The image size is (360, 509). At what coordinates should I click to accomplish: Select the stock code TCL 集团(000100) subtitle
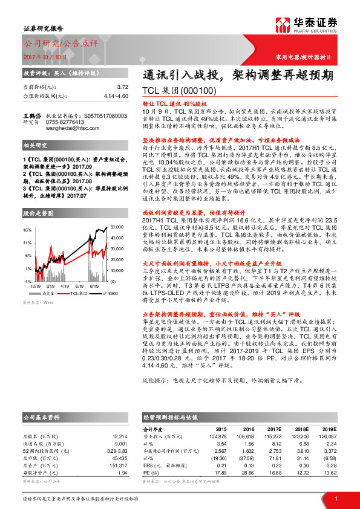coord(179,91)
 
